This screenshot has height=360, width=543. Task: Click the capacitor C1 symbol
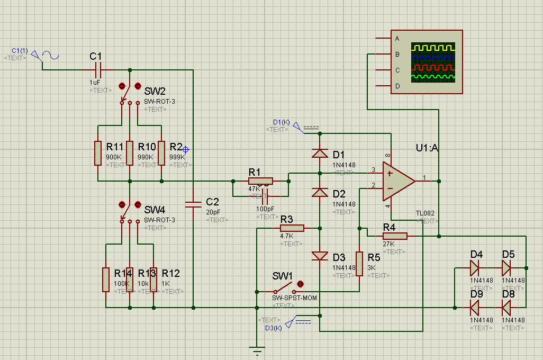(x=97, y=69)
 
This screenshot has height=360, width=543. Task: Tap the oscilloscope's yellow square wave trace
(x=433, y=48)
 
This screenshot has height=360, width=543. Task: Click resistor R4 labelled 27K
(x=395, y=236)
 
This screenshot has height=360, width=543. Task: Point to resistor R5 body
(x=359, y=264)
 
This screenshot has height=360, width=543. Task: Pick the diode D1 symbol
(x=320, y=154)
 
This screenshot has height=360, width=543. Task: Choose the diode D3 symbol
(x=320, y=256)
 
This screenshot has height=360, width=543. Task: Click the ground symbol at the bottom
(x=257, y=350)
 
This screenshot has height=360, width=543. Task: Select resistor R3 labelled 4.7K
(x=292, y=228)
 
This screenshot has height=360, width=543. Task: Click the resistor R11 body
(x=98, y=153)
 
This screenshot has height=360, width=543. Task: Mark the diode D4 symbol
(x=475, y=268)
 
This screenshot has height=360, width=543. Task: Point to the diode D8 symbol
(x=507, y=307)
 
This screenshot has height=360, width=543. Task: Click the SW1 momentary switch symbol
(x=284, y=290)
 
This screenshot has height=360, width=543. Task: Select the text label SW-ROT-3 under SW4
(x=159, y=220)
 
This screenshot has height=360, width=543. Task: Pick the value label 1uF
(x=95, y=83)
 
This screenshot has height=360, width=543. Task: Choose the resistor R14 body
(x=106, y=280)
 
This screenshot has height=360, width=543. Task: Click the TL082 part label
(x=425, y=213)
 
